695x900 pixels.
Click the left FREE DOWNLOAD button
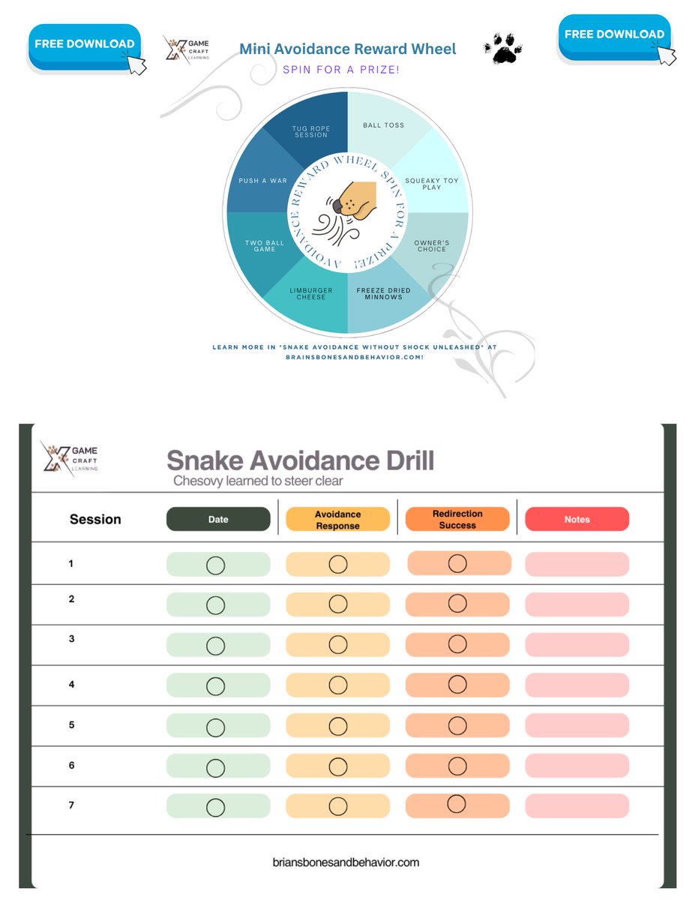coord(84,45)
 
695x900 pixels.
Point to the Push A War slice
coord(262,181)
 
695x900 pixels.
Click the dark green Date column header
coord(218,519)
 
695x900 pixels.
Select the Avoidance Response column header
coord(337,520)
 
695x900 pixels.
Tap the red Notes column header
coord(577,519)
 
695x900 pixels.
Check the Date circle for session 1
coord(216,565)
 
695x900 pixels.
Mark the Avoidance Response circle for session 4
coord(338,685)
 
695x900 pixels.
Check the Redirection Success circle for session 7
coord(457,803)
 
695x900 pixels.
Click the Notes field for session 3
coord(577,645)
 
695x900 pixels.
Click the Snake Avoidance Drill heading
coord(300,460)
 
